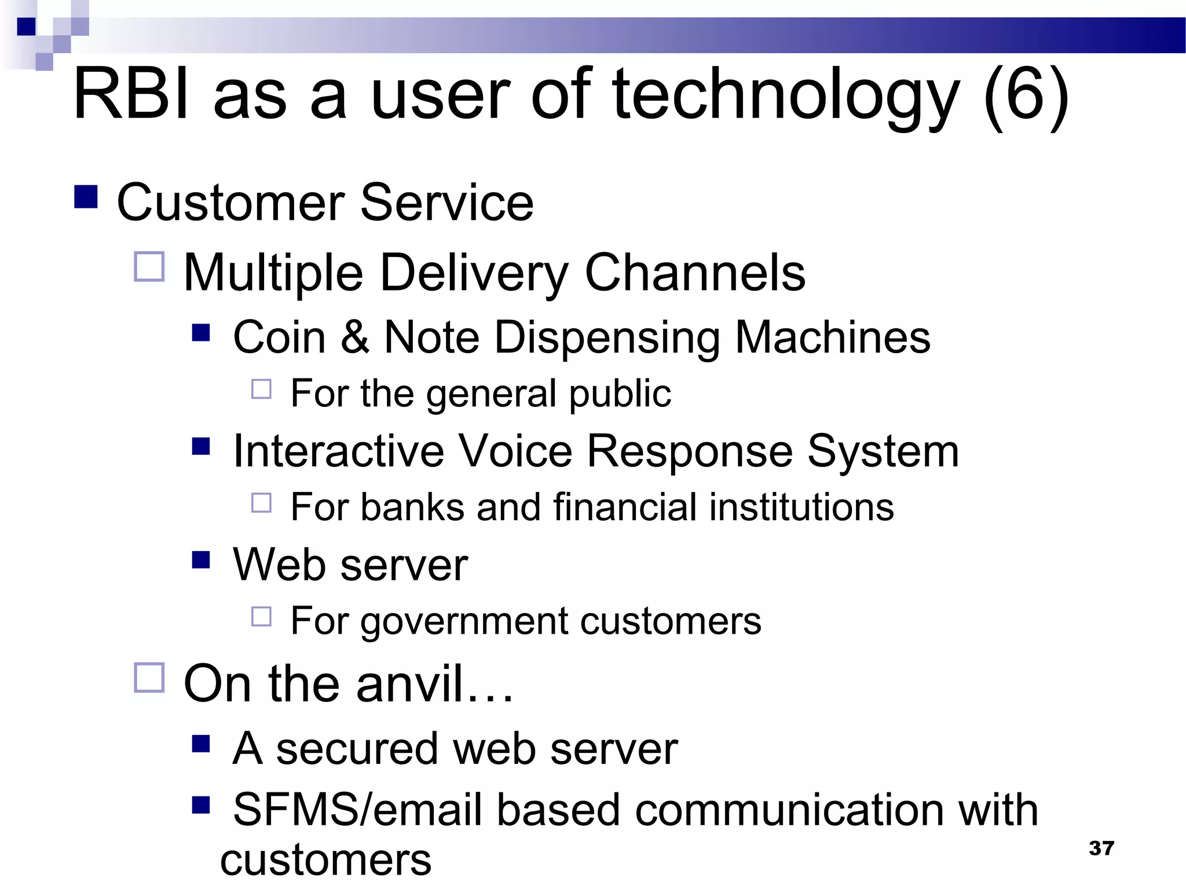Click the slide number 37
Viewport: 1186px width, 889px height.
(1101, 848)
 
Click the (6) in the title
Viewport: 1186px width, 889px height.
(1026, 95)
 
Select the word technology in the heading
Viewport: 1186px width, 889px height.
(786, 95)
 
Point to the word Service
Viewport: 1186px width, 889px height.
(446, 202)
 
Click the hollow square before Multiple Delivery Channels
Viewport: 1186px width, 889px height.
(149, 267)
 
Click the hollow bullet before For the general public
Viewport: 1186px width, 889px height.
(261, 389)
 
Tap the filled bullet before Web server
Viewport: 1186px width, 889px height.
(200, 560)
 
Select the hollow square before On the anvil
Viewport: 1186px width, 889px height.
(149, 678)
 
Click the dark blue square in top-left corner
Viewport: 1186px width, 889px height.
(26, 27)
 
